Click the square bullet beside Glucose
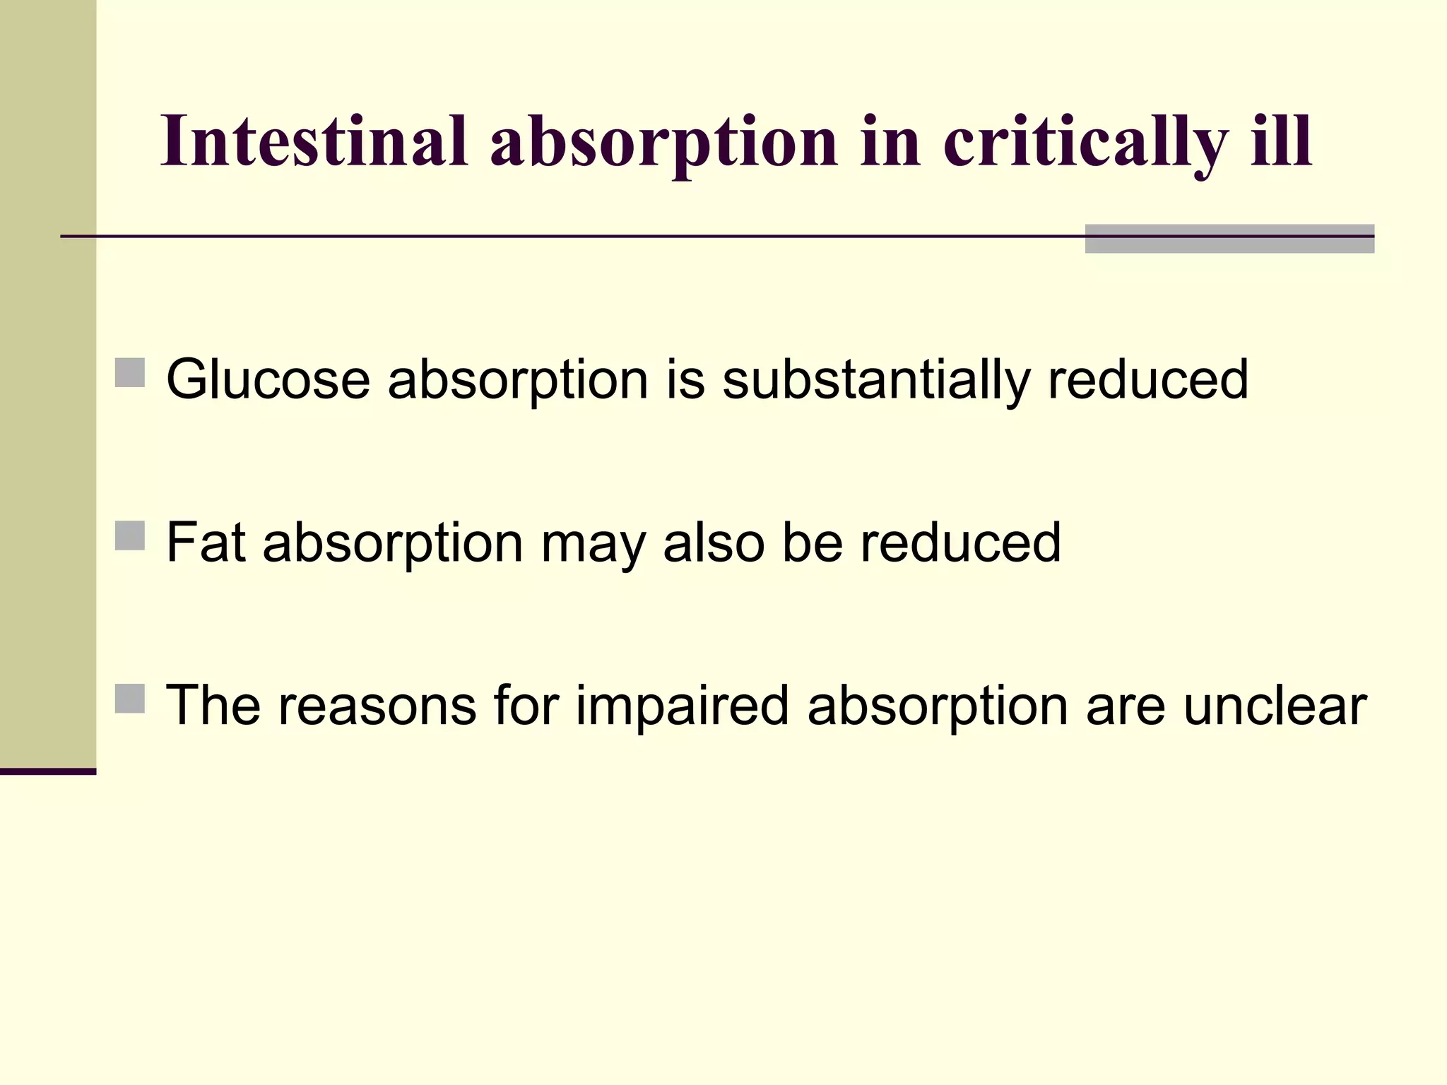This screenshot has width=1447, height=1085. (x=129, y=372)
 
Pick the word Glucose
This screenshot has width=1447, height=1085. (x=268, y=380)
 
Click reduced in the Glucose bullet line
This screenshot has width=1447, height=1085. (x=1148, y=380)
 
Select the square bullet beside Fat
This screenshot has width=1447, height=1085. (x=129, y=535)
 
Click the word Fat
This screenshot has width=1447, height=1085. (x=206, y=542)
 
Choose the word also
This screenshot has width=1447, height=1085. (x=714, y=542)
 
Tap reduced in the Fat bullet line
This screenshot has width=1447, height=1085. (x=960, y=542)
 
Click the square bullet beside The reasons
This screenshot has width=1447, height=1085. (x=129, y=699)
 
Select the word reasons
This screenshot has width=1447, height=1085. (x=377, y=706)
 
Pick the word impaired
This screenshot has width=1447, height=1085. (x=682, y=706)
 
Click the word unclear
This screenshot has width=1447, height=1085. (x=1275, y=706)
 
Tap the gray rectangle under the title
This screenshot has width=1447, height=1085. (x=1229, y=239)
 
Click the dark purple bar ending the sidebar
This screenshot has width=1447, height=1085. (x=48, y=771)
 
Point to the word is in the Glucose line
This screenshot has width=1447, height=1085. (x=685, y=380)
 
